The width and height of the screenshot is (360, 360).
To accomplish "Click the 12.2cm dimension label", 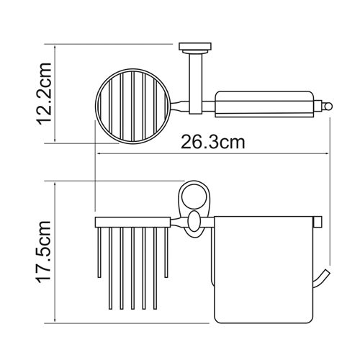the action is pos(44,94).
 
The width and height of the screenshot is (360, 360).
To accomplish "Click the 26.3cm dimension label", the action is pos(213,142).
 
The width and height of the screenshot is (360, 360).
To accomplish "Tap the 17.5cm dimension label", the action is pos(44,251).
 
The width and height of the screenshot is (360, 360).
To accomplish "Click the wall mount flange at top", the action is pos(195,48).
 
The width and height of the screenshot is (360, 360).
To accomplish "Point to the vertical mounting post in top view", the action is pos(197,84).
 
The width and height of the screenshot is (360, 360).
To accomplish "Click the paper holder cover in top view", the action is pos(264,104).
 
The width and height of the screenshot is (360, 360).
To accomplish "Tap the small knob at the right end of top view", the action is pos(328,106).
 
